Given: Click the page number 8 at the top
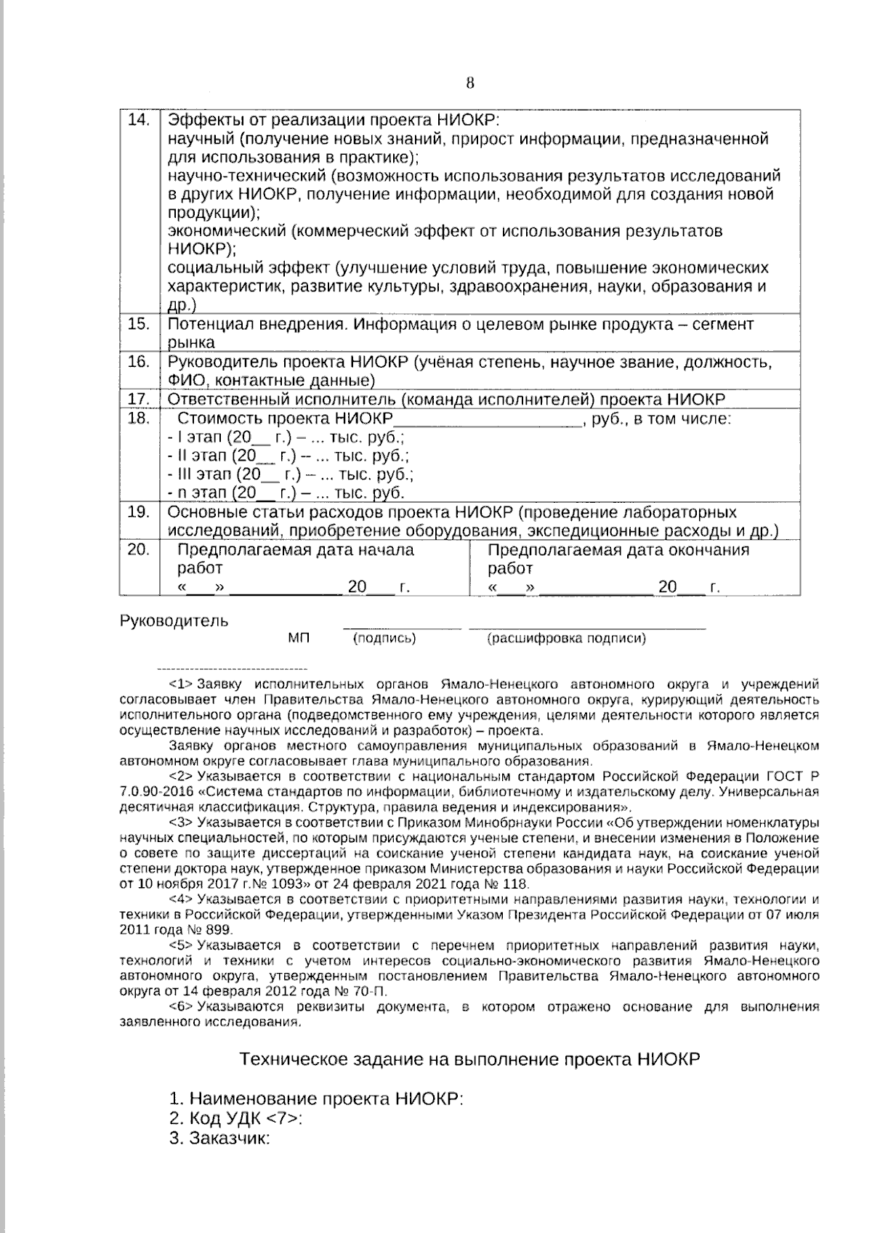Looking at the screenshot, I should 469,83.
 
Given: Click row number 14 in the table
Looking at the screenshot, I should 138,120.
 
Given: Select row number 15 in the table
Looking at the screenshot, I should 138,323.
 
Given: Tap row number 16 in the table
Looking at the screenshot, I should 138,361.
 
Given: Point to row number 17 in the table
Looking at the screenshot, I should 138,399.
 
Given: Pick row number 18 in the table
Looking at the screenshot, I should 138,418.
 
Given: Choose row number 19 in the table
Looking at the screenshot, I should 138,512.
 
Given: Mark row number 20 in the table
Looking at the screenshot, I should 138,549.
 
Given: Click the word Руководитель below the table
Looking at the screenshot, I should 174,620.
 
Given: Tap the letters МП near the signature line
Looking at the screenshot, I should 299,638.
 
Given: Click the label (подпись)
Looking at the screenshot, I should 384,638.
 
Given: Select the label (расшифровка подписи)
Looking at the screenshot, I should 566,638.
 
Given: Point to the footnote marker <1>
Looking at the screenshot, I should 180,684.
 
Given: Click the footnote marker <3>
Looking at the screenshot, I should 180,823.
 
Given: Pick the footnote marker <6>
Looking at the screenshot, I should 180,1007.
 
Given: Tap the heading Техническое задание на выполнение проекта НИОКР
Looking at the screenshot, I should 469,1059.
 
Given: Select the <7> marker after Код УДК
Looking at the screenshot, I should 286,1117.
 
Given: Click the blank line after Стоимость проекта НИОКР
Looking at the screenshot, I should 487,421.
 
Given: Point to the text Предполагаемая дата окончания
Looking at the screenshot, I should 618,550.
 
